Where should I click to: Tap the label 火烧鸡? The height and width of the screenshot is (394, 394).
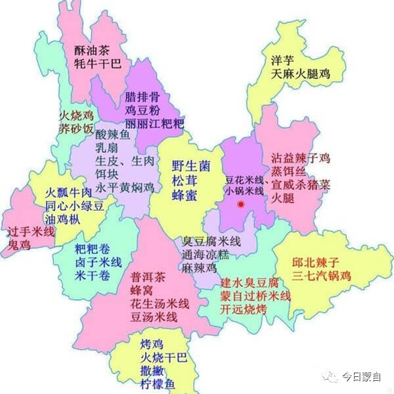tap(74, 116)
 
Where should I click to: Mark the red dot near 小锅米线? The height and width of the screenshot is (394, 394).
tap(241, 205)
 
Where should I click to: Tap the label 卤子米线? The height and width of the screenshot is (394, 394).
tap(98, 262)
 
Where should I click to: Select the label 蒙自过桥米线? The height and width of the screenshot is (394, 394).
tap(255, 296)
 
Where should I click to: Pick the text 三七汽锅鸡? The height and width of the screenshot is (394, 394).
tap(321, 275)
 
